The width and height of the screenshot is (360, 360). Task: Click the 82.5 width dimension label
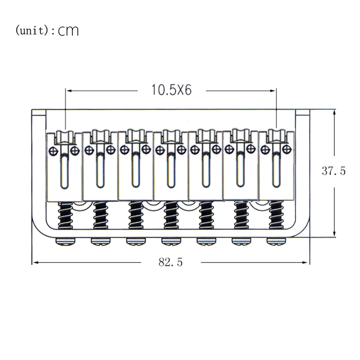(171, 262)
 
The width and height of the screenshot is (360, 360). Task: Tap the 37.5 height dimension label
(333, 171)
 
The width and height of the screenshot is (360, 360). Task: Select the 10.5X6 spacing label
(171, 90)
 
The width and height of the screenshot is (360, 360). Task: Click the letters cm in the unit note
(68, 31)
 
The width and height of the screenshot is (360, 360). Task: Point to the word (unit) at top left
(31, 30)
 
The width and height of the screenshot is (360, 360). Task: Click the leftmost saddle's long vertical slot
(64, 171)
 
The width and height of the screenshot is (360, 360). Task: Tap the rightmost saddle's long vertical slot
(276, 170)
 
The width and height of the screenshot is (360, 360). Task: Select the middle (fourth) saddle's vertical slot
(171, 171)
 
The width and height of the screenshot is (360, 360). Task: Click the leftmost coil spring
(65, 216)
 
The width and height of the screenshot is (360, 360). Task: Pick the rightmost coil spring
(276, 215)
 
